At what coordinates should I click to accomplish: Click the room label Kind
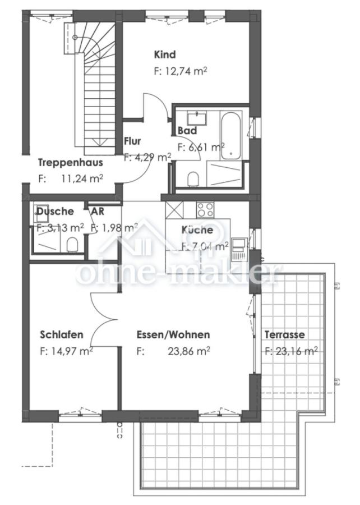click(165, 54)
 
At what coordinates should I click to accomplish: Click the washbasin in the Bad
click(197, 118)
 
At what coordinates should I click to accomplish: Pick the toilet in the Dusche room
click(72, 244)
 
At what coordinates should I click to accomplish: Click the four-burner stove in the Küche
click(205, 209)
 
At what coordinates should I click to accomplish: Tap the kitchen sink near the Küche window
click(239, 247)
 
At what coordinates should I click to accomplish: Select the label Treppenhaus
click(70, 163)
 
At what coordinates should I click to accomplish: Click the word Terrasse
click(284, 334)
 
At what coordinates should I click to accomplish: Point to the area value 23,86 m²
click(190, 352)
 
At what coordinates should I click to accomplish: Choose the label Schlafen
click(62, 334)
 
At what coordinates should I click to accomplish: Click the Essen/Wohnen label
click(173, 334)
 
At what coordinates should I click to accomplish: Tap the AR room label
click(98, 212)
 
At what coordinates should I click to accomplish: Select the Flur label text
click(132, 141)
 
